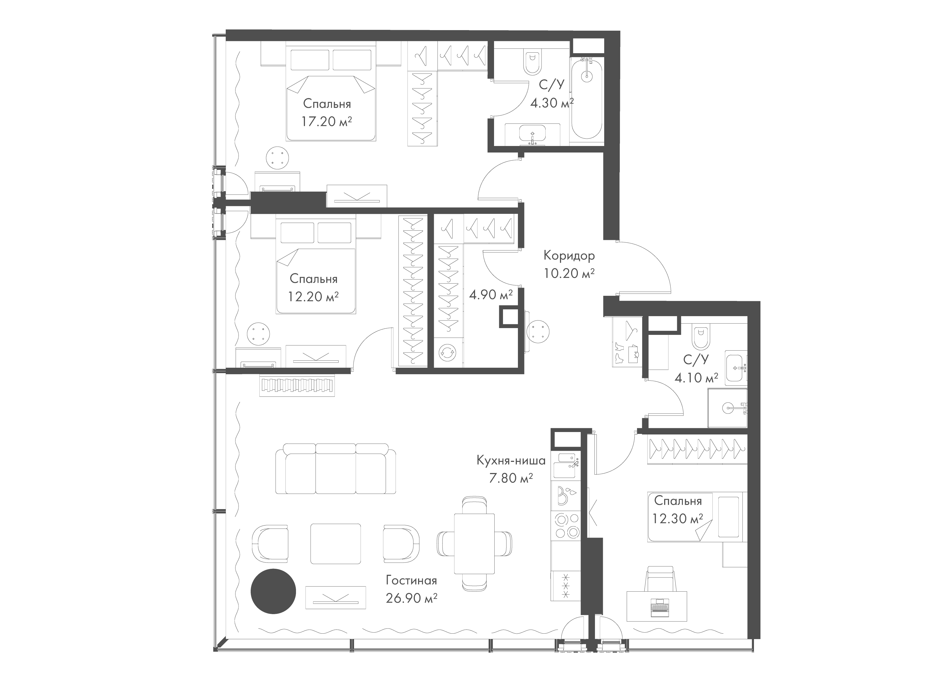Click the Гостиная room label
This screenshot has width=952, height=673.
click(411, 580)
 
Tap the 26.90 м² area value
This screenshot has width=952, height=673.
click(411, 598)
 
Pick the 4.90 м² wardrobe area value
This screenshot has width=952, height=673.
click(491, 295)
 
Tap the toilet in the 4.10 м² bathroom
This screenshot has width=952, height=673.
click(701, 338)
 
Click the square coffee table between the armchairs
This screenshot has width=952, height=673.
click(335, 543)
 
